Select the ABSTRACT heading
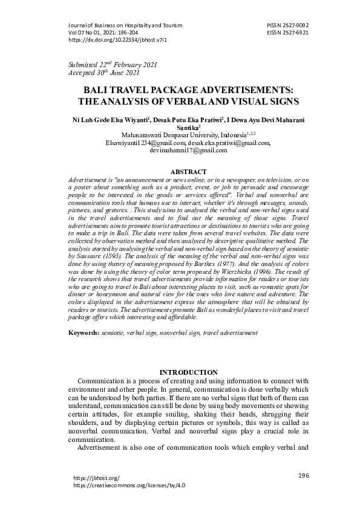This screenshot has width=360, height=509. [x=189, y=172]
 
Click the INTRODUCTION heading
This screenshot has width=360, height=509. [x=188, y=372]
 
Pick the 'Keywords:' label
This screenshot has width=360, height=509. [x=83, y=332]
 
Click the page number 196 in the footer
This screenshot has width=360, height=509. [x=304, y=476]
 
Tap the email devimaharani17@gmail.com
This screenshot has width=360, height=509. [x=188, y=151]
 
